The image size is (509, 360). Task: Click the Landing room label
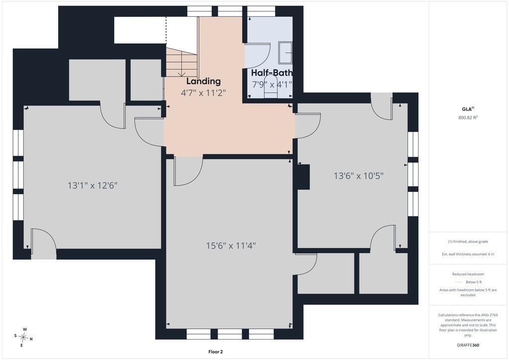[203, 81]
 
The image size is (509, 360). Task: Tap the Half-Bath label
[272, 73]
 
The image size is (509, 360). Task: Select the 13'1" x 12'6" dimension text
[92, 185]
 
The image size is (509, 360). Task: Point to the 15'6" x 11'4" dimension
[231, 246]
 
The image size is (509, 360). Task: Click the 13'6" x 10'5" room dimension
[359, 176]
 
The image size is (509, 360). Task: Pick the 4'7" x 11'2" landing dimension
[203, 93]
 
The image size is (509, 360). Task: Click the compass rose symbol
[24, 338]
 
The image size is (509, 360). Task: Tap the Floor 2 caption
[216, 352]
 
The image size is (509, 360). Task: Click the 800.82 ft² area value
[468, 118]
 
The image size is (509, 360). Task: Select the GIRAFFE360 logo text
[468, 345]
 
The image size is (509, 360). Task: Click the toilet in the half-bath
[270, 87]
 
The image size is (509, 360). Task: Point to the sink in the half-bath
[286, 52]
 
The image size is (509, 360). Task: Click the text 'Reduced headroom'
[468, 274]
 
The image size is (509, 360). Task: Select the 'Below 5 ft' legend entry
[468, 282]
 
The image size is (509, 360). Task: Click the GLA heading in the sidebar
[467, 109]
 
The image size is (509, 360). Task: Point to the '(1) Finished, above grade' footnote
[468, 242]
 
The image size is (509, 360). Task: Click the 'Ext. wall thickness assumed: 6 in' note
[468, 254]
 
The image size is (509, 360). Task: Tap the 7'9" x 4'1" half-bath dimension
[272, 85]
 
